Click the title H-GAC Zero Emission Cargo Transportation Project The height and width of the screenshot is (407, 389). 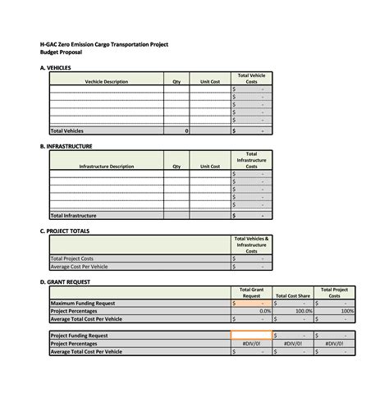click(x=103, y=44)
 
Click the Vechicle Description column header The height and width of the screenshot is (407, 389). click(x=106, y=81)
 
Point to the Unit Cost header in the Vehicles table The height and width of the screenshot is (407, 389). click(x=210, y=81)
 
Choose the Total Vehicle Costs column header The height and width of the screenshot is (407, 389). click(x=251, y=78)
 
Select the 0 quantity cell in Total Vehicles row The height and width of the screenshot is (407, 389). click(x=186, y=130)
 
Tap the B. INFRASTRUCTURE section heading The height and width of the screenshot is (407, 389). click(x=66, y=146)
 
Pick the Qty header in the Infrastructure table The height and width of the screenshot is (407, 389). click(x=176, y=166)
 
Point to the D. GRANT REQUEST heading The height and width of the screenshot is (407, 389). click(x=66, y=281)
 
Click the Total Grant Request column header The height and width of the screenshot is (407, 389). click(x=251, y=292)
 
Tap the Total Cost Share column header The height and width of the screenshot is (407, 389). click(x=293, y=295)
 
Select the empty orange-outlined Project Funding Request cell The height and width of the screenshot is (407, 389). click(x=251, y=336)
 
